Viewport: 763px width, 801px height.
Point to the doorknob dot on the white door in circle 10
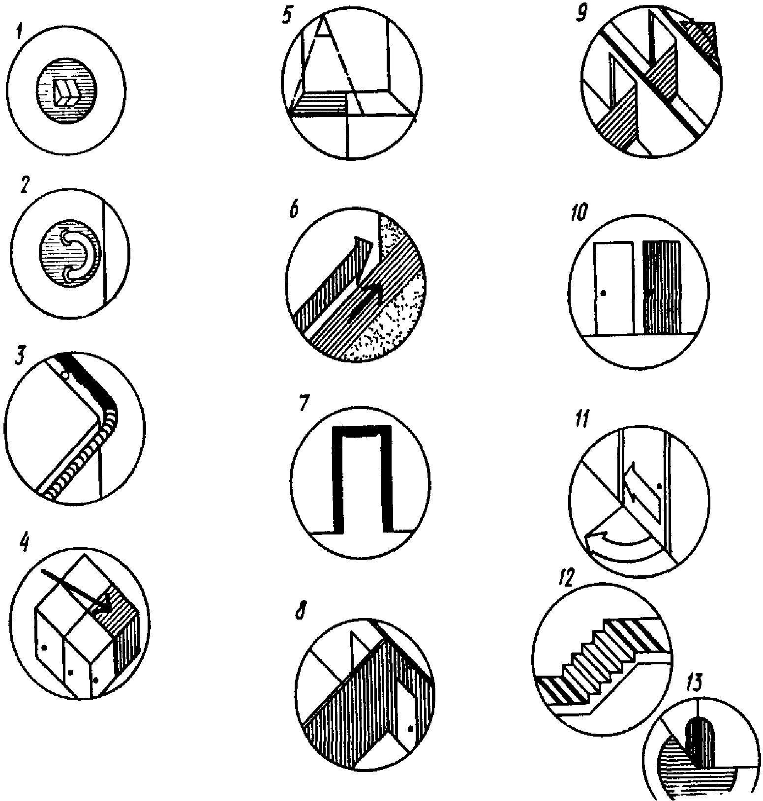(x=604, y=293)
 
